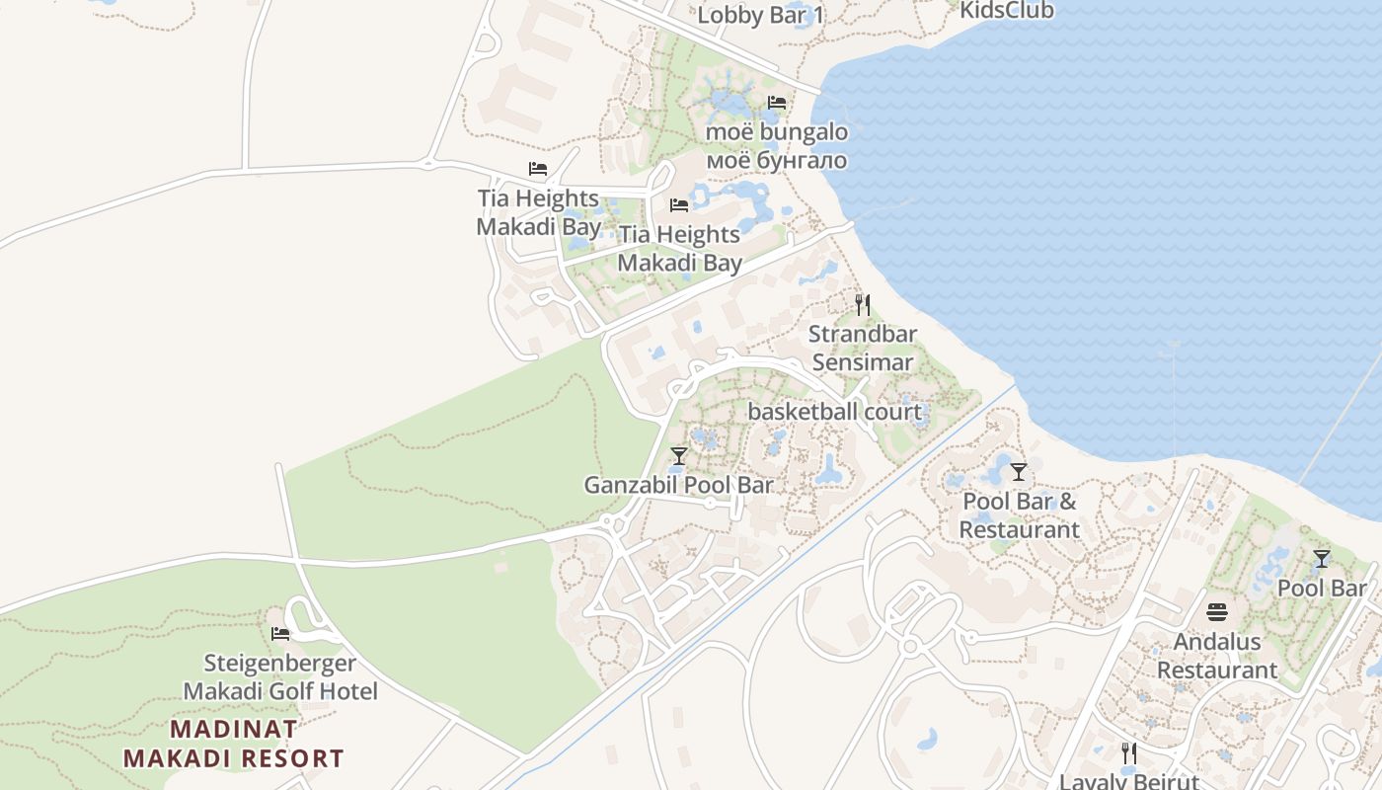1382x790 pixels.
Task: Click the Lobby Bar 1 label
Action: click(760, 16)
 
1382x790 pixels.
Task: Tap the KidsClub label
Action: click(1006, 11)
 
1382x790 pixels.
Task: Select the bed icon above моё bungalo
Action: click(777, 103)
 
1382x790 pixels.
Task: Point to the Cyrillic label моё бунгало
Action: click(777, 160)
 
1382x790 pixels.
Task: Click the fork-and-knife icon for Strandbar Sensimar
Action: click(863, 304)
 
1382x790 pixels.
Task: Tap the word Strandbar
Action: click(863, 334)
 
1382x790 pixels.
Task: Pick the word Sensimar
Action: click(863, 362)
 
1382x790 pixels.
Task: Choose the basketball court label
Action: click(835, 412)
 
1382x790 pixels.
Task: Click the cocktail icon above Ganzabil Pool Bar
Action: click(679, 456)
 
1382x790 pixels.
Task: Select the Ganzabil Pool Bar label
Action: click(679, 485)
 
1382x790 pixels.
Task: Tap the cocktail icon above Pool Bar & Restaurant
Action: click(1019, 472)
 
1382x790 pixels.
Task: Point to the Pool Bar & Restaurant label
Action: click(1020, 515)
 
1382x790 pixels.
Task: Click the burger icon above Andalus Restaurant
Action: click(1217, 612)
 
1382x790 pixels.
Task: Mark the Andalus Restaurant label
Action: click(1217, 656)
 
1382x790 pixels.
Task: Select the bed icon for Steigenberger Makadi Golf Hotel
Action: click(280, 633)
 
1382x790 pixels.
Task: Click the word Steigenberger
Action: click(280, 663)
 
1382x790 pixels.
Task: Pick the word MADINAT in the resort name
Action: click(234, 730)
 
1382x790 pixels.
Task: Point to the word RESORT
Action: click(294, 759)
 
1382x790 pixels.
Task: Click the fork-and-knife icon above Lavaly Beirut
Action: click(1129, 753)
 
